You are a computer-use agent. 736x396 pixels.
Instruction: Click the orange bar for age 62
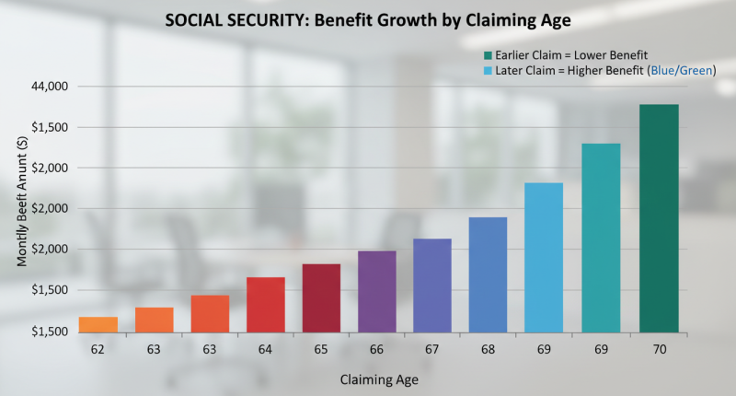pos(98,324)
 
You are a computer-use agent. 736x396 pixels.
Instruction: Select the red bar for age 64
pos(265,304)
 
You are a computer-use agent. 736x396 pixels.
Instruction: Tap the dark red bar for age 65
pos(321,297)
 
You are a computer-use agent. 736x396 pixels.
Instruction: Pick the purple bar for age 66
pos(376,291)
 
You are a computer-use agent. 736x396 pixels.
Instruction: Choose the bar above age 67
pos(431,285)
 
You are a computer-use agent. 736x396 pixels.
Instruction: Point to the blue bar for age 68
pos(488,274)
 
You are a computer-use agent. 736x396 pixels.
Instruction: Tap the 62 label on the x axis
pos(98,350)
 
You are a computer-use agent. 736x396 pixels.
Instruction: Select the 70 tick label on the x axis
pos(659,350)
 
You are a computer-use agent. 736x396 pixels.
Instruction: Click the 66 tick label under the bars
pos(376,350)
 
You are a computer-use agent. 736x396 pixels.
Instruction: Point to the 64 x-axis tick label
pos(265,350)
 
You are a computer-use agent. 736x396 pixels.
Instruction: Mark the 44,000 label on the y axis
pos(51,87)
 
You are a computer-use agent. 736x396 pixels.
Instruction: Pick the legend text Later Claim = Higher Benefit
pos(561,70)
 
